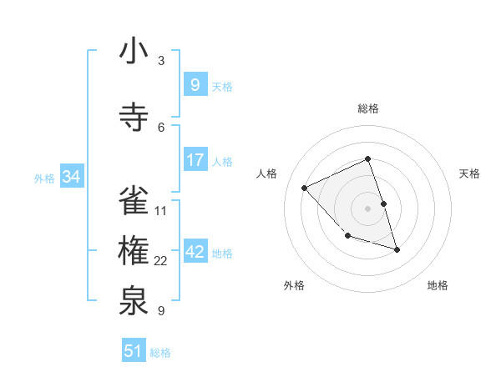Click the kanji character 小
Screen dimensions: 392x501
pyautogui.click(x=134, y=53)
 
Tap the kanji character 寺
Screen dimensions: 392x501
pyautogui.click(x=134, y=118)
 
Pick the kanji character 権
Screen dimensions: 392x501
pyautogui.click(x=134, y=253)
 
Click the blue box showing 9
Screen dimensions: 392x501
pyautogui.click(x=195, y=85)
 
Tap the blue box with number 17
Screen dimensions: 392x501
pyautogui.click(x=195, y=160)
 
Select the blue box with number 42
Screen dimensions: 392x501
pyautogui.click(x=195, y=253)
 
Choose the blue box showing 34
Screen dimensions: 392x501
pyautogui.click(x=72, y=177)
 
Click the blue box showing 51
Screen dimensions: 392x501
pyautogui.click(x=134, y=351)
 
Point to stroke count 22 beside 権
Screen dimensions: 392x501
pyautogui.click(x=161, y=261)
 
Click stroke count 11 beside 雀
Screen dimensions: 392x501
pyautogui.click(x=161, y=210)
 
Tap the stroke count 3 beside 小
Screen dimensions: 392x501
pyautogui.click(x=161, y=61)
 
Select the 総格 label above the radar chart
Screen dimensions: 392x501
pyautogui.click(x=368, y=108)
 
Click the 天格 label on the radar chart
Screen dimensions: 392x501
pyautogui.click(x=469, y=173)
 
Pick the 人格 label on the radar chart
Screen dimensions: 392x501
pyautogui.click(x=267, y=173)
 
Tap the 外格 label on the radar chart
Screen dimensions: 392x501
pyautogui.click(x=294, y=285)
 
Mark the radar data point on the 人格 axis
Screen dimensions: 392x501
pyautogui.click(x=305, y=188)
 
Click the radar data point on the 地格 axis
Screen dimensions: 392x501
pyautogui.click(x=397, y=249)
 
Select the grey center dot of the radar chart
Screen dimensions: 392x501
pyautogui.click(x=368, y=208)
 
